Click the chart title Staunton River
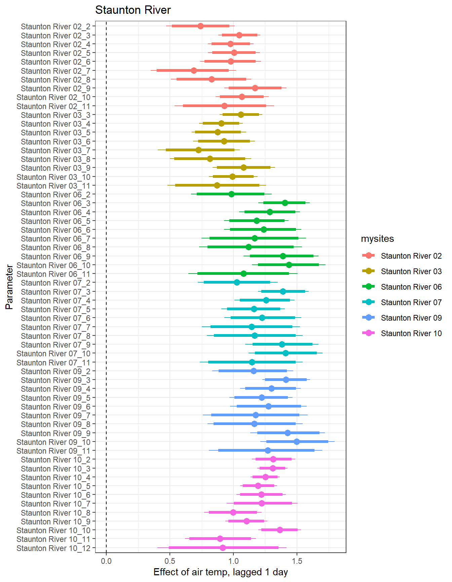coord(133,10)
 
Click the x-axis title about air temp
coord(221,572)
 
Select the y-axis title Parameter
coord(9,287)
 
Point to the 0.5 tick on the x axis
coord(169,561)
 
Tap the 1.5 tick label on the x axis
coord(297,561)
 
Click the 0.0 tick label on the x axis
coord(106,561)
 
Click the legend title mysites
coord(377,239)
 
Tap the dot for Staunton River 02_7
coord(194,70)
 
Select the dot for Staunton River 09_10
coord(297,442)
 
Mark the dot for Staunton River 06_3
coord(285,203)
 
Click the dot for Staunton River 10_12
coord(223,548)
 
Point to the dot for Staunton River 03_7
coord(198,150)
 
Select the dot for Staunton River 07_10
coord(286,353)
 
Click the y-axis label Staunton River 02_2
coord(55,27)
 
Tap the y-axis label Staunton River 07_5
coord(55,310)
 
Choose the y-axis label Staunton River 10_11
coord(53,539)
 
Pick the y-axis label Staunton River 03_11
coord(53,186)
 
